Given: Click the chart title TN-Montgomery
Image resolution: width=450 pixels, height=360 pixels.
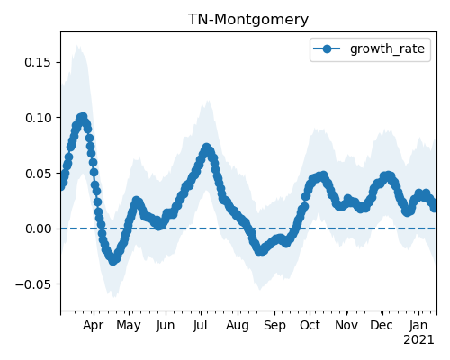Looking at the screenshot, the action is click(x=248, y=20).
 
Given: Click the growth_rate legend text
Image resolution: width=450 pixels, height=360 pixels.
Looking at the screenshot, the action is click(x=387, y=49).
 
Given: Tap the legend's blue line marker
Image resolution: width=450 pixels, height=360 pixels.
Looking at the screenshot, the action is click(x=327, y=49).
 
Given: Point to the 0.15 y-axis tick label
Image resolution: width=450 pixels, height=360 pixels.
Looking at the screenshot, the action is click(x=39, y=62).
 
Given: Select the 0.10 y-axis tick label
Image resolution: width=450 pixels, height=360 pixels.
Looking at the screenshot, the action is click(x=39, y=118).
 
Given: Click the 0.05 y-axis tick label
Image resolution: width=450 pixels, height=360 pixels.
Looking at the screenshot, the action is click(x=39, y=174).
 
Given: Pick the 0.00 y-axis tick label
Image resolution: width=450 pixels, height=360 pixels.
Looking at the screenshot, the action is click(x=39, y=229).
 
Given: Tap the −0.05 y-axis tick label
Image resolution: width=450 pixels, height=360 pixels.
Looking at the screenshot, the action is click(x=34, y=284).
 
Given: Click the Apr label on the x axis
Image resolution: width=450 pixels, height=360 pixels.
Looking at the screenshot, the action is click(x=94, y=326).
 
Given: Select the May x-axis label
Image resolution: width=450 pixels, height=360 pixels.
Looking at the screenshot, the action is click(x=129, y=326).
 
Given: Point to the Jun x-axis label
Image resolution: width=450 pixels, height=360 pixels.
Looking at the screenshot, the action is click(x=166, y=326).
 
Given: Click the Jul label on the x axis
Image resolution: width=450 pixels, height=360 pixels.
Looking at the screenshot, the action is click(x=201, y=326).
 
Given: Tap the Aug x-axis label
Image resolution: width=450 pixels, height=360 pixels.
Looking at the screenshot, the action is click(x=238, y=326).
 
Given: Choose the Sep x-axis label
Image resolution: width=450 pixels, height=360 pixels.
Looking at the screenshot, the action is click(x=274, y=326).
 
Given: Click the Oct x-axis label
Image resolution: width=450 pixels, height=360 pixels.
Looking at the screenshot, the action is click(x=310, y=326).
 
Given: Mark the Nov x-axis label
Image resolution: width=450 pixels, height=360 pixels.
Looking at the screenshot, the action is click(x=346, y=326).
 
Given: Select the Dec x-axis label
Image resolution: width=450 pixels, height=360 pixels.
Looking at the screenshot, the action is click(x=382, y=326).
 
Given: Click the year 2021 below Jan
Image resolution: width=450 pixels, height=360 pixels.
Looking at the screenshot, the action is click(x=418, y=340).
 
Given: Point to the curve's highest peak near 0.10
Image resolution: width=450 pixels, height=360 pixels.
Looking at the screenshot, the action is click(x=83, y=117).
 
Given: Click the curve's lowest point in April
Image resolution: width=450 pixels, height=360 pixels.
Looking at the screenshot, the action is click(x=112, y=260).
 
